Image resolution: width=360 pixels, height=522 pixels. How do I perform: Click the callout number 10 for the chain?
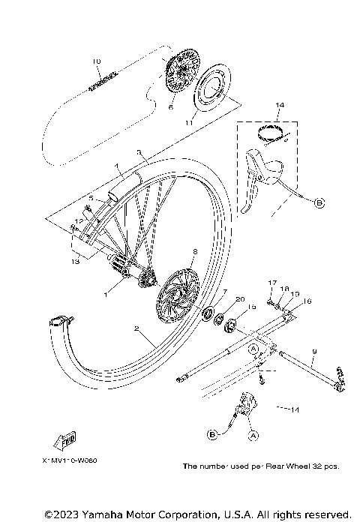(x=96, y=61)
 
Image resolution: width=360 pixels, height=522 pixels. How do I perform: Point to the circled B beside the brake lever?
(x=318, y=202)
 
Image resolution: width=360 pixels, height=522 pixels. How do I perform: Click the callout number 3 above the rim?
(x=139, y=152)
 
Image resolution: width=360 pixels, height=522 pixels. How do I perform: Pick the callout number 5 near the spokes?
(x=90, y=198)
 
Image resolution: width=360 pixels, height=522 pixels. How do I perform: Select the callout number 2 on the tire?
(x=136, y=328)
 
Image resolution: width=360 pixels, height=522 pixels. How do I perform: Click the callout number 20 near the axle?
(x=238, y=298)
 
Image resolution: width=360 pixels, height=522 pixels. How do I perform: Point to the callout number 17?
(x=273, y=283)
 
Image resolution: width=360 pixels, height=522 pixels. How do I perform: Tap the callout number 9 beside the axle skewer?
(x=313, y=350)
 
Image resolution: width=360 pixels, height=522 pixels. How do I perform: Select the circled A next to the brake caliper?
(x=253, y=433)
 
